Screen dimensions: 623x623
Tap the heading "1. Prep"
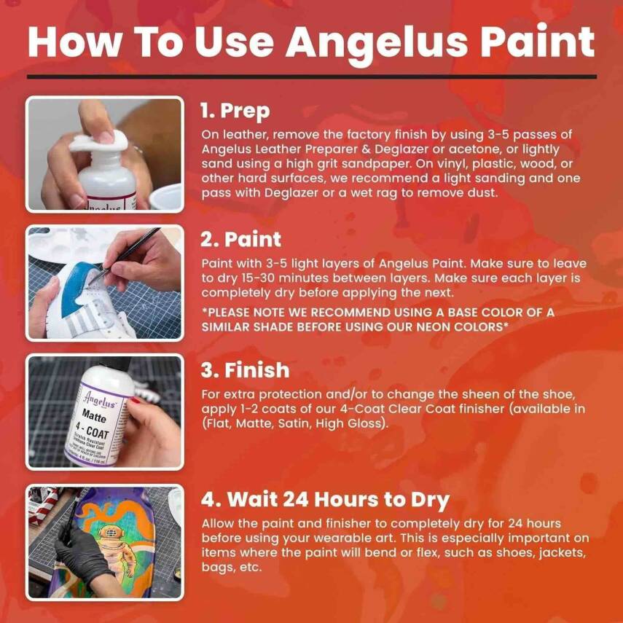tap(235, 111)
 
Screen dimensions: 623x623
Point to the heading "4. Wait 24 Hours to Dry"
tap(325, 500)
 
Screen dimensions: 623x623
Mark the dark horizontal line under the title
tap(311, 76)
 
